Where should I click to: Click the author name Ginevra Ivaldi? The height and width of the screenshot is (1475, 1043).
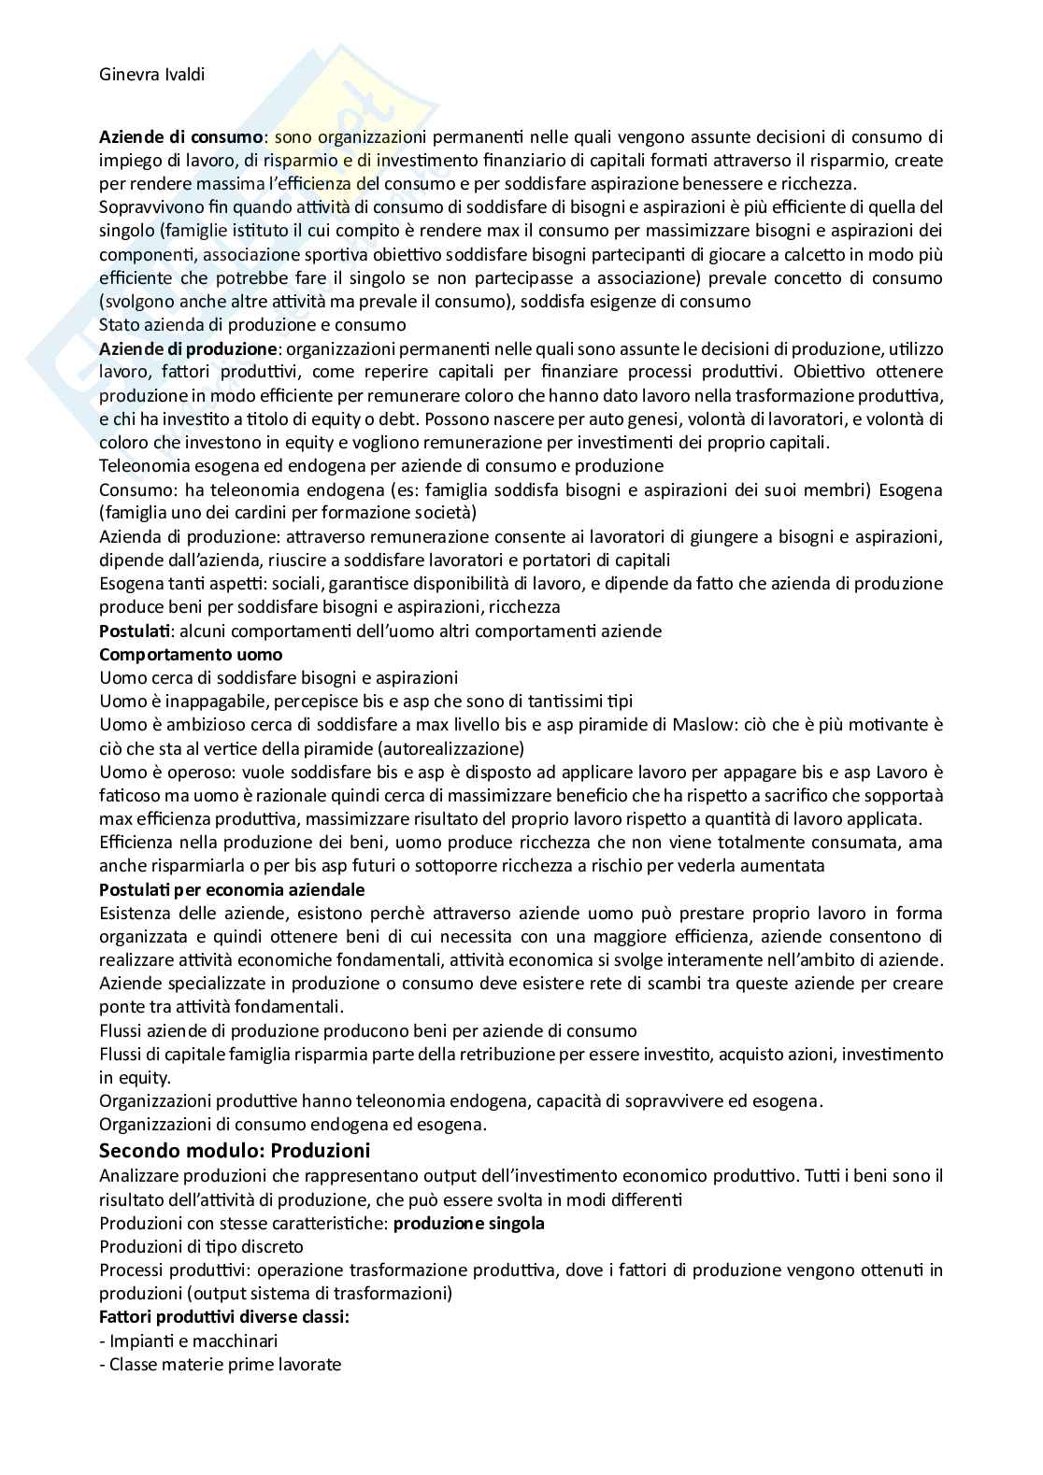click(151, 75)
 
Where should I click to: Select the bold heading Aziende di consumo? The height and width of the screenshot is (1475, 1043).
click(180, 136)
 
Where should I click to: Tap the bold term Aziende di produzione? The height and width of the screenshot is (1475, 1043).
click(188, 348)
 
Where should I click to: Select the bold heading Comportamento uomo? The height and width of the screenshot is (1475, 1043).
click(191, 654)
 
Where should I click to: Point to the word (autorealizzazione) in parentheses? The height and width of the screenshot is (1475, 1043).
click(448, 747)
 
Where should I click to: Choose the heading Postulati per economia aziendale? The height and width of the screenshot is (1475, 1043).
click(232, 889)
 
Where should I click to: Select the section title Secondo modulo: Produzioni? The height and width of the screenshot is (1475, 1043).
click(235, 1150)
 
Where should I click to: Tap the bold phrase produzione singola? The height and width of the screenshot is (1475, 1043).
click(468, 1223)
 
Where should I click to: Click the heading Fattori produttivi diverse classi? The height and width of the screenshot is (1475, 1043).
click(223, 1317)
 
